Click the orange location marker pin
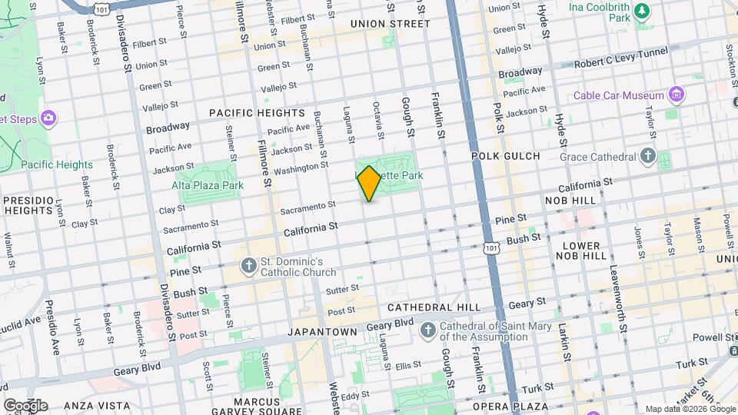pos(369,183)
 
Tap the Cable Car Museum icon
pos(676,95)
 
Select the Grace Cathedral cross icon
pos(647,157)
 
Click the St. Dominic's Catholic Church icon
pos(248,266)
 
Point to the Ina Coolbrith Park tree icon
pos(643,12)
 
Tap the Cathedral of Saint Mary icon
pos(429,330)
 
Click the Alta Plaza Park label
pos(208,185)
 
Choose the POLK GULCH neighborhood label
pos(505,156)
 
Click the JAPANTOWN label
pos(322,332)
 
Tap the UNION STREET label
pos(390,24)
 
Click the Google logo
pos(25,405)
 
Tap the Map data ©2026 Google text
pos(690,409)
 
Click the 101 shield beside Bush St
pos(491,247)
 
